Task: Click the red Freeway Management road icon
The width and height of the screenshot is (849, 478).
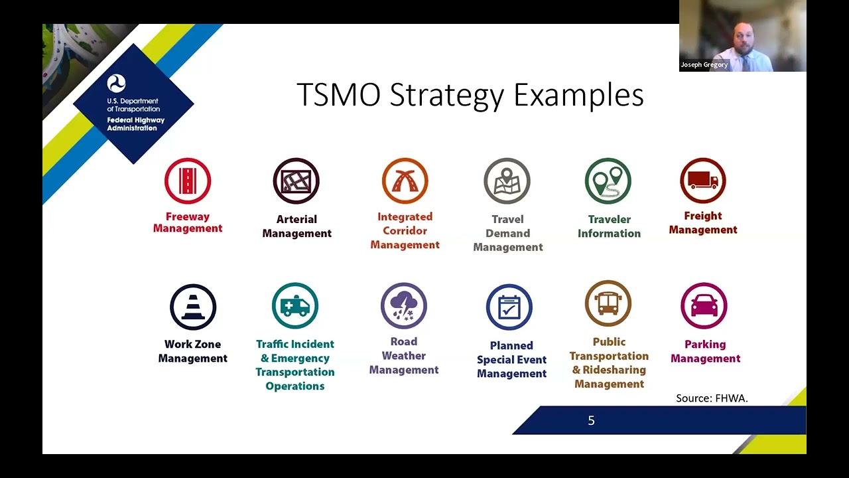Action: (x=188, y=181)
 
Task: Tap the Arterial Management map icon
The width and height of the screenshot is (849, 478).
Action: (x=296, y=181)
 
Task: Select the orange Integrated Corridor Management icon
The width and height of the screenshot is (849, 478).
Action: (x=405, y=181)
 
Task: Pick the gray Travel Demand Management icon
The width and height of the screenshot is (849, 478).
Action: (x=507, y=181)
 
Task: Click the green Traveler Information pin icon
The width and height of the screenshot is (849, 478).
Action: (x=608, y=181)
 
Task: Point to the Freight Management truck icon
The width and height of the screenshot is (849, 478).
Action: (x=703, y=181)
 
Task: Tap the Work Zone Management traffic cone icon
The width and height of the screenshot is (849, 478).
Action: (x=193, y=307)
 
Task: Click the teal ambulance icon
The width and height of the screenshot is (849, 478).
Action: (x=295, y=306)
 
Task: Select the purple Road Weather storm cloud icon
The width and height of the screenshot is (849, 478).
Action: (x=404, y=306)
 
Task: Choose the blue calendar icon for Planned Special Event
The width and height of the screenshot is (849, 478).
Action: (x=509, y=307)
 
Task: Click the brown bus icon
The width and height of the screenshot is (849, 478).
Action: (x=608, y=303)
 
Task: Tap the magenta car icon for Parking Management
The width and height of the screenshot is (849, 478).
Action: (x=704, y=306)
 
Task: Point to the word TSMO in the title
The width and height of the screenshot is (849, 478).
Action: (x=338, y=95)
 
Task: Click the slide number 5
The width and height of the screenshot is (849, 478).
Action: (x=591, y=420)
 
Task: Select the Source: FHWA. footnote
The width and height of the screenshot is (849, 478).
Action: (x=712, y=398)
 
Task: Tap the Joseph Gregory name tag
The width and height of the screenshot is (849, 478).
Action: (x=704, y=65)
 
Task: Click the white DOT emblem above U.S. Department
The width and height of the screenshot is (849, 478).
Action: (x=116, y=84)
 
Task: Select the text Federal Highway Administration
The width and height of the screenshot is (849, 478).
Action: (x=135, y=124)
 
